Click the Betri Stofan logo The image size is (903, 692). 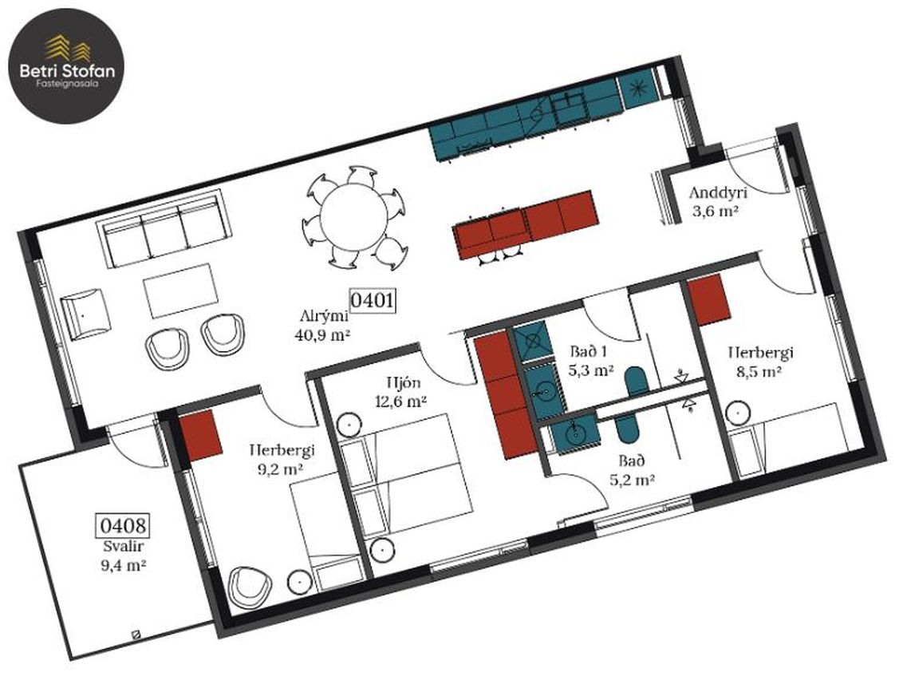67,65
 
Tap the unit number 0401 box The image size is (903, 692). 372,300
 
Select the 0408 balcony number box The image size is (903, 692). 122,525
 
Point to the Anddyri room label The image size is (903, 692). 713,192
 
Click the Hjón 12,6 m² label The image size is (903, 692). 400,392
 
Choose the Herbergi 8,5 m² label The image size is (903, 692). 760,362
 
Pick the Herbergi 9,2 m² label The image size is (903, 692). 282,459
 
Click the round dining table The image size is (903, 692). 354,217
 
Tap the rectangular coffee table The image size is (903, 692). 182,291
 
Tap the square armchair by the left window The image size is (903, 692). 85,315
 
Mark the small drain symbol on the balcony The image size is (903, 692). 136,635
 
